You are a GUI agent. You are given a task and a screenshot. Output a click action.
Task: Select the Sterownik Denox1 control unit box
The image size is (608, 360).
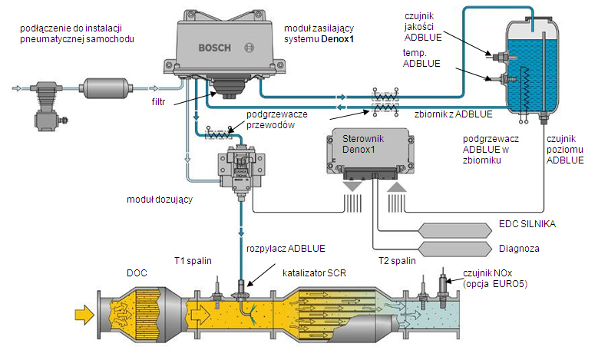[369, 154]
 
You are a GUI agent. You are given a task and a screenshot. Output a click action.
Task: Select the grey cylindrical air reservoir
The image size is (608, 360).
[109, 88]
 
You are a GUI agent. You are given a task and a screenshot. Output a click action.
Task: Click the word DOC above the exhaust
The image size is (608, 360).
[136, 272]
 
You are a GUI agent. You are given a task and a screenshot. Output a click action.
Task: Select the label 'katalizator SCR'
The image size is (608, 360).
[315, 272]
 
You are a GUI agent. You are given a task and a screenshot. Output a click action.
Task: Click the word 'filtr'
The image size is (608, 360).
[160, 101]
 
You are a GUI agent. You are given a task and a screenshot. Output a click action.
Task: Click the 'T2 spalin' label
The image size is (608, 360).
[398, 261]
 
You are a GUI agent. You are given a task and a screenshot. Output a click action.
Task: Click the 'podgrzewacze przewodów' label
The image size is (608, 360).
[276, 119]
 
